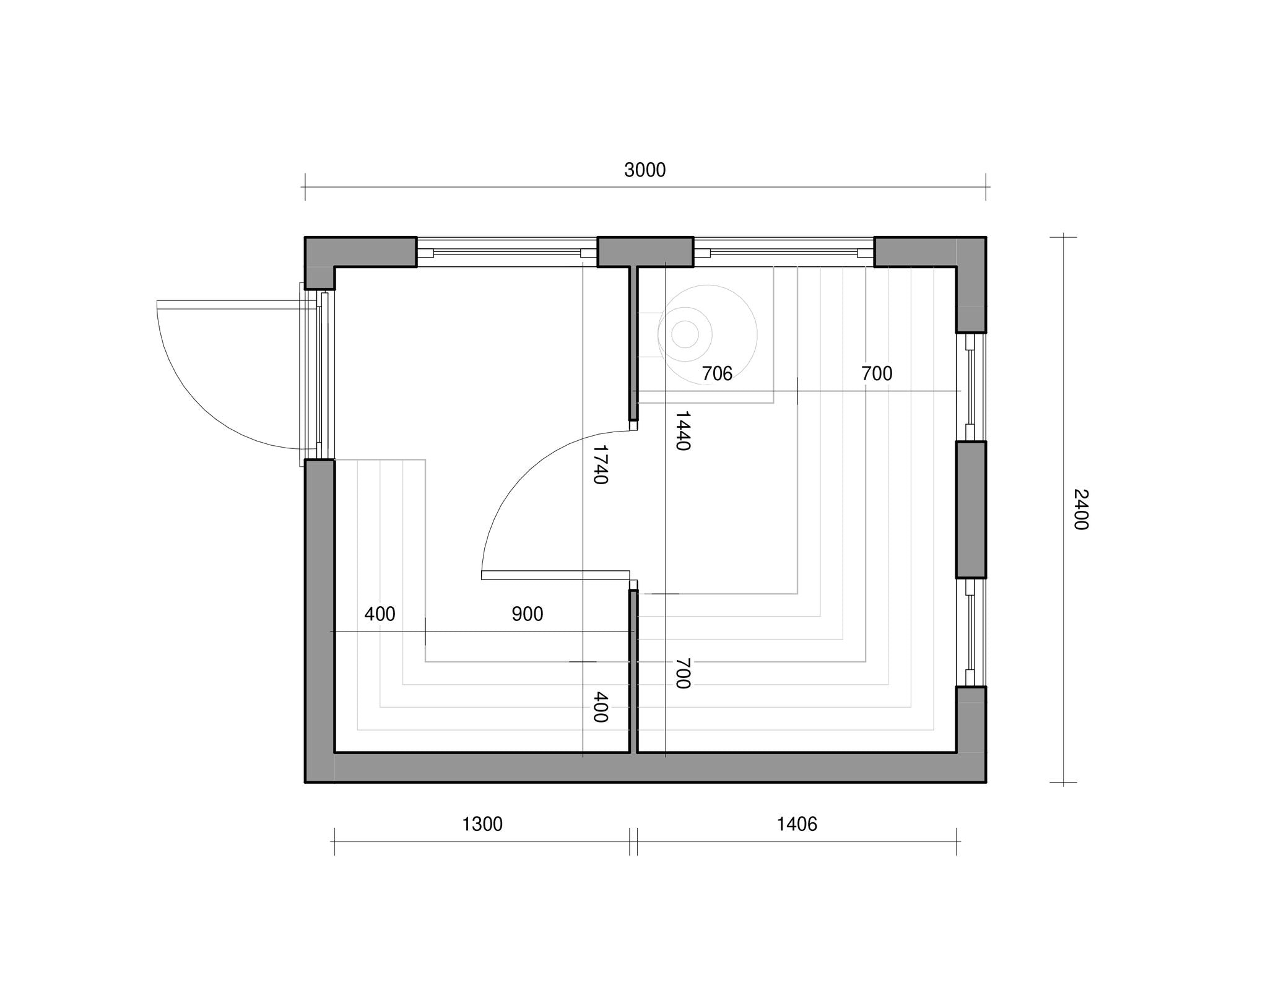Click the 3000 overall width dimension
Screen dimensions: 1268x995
645,170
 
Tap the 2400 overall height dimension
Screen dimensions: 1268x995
1080,510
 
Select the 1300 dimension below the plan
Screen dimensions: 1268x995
482,824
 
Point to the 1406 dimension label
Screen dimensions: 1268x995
797,824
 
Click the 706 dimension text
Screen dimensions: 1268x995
717,373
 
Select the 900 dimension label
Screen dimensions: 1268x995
528,614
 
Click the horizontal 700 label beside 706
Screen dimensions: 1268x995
877,373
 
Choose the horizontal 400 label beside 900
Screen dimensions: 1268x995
380,614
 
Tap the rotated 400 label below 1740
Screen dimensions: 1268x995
600,708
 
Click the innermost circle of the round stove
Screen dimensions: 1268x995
685,334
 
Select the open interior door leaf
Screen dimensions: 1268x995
555,575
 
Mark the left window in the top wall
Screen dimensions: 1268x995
507,252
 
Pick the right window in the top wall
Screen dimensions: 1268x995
784,252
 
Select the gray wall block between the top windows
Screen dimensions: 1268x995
645,252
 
